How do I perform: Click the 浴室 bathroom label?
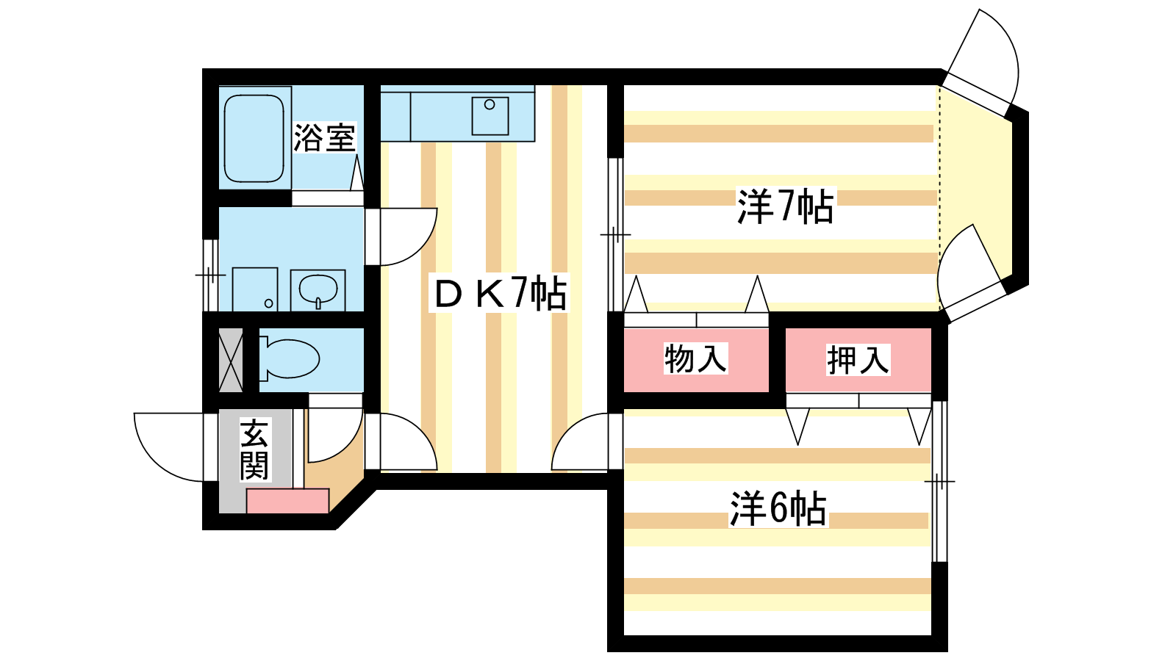[324, 137]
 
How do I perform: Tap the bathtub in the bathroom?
[254, 138]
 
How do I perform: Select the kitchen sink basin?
[490, 115]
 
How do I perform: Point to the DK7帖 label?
[501, 294]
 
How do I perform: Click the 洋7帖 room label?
[785, 206]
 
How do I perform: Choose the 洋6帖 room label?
[778, 508]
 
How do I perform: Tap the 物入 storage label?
[695, 359]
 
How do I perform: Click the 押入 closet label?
[858, 360]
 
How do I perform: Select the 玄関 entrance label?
[254, 450]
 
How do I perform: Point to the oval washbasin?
[318, 289]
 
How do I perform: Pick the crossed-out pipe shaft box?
[231, 360]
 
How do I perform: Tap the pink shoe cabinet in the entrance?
[287, 502]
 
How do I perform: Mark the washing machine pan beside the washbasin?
[254, 289]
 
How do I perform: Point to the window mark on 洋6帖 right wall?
[939, 482]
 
